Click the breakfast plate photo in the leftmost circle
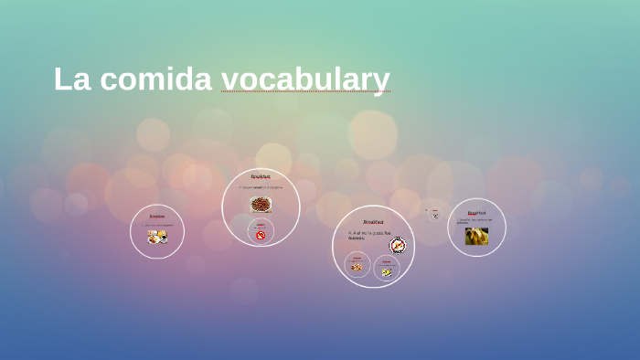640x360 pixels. point(157,237)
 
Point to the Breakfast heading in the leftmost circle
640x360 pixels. point(157,217)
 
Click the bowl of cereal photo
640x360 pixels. point(261,204)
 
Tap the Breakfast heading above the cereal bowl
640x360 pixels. point(261,176)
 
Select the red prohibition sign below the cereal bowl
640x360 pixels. point(261,235)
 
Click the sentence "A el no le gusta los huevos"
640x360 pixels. point(368,235)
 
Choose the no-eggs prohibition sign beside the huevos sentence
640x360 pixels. point(398,244)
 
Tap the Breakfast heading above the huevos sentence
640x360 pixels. point(373,222)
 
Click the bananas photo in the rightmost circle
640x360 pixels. point(476,237)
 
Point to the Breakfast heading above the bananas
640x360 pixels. point(476,213)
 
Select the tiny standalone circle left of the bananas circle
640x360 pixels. point(434,214)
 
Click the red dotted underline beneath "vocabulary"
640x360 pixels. point(305,92)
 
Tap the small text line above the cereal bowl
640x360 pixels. point(261,187)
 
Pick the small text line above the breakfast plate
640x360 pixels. point(157,225)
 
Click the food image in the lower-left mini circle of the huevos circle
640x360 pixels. point(357,268)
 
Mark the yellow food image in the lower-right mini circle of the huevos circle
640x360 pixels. point(387,271)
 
